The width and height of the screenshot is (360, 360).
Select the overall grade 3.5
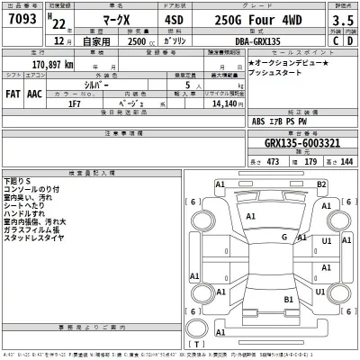coord(341,20)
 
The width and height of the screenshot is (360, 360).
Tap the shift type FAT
coord(15,91)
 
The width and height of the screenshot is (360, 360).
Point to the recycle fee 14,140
coord(222,103)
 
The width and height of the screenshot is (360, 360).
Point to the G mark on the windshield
coord(284,237)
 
